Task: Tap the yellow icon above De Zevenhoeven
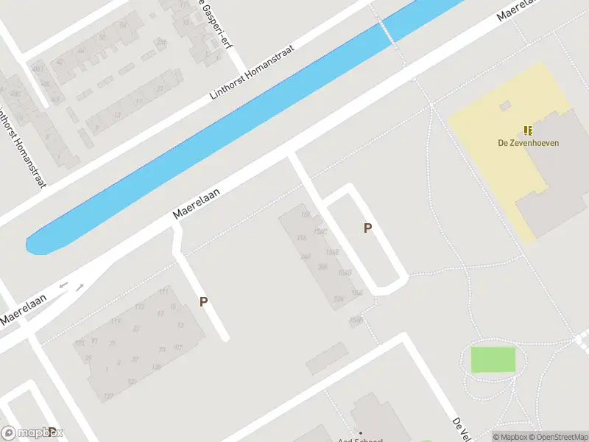(528, 130)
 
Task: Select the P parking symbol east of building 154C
(367, 228)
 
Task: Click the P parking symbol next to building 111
(203, 301)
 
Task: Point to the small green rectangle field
(493, 359)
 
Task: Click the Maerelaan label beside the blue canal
(197, 202)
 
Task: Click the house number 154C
(320, 232)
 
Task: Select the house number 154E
(332, 252)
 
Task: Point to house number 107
(177, 348)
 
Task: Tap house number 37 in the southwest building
(133, 359)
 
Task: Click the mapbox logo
(32, 432)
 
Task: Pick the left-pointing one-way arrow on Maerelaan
(63, 284)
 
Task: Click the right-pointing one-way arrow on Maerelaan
(80, 286)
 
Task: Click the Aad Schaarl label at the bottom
(360, 440)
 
